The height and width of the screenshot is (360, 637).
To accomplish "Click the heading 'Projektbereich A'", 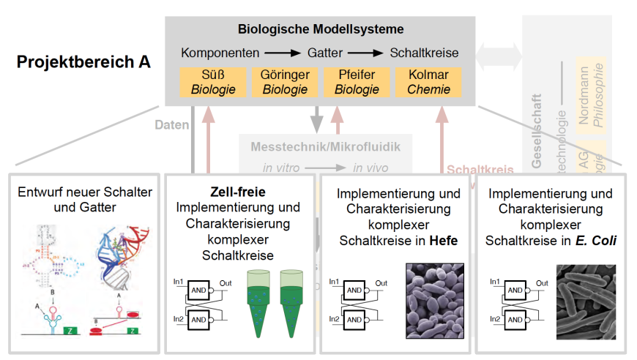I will point(84,61).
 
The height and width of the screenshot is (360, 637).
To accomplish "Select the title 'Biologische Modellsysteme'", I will point(321,30).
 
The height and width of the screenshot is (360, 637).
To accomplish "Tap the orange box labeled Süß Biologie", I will point(213,82).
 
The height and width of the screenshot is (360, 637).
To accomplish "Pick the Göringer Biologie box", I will point(285,82).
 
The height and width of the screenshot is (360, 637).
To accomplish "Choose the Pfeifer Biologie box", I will point(357,82).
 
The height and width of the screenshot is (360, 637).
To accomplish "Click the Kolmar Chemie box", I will point(428,82).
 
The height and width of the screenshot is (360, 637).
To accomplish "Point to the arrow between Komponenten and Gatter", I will point(282,53).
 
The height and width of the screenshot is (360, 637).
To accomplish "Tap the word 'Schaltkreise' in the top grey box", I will point(424,53).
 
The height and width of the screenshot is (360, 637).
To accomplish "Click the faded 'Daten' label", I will point(172,125).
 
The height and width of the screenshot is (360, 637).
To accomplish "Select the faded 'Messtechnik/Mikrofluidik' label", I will point(325,147).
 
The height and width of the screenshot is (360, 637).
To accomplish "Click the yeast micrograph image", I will point(432,301).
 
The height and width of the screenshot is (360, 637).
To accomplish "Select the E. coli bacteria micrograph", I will point(586,302).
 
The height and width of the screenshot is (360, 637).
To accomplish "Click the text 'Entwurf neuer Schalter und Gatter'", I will point(85,200).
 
